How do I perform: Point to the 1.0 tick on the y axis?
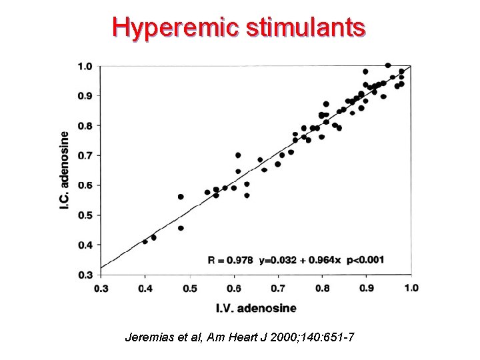click(x=85, y=66)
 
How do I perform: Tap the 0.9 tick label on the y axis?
click(x=85, y=96)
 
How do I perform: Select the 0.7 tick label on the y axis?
click(x=85, y=155)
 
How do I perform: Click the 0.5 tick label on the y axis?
click(x=85, y=215)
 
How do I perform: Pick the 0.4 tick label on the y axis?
click(x=85, y=245)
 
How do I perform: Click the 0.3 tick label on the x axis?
click(x=101, y=288)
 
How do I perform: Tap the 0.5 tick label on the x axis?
click(x=190, y=288)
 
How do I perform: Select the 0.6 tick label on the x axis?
click(x=234, y=288)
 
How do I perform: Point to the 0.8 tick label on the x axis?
click(x=323, y=288)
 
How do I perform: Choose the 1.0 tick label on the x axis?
click(x=411, y=288)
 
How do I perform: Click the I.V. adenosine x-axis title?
click(x=256, y=308)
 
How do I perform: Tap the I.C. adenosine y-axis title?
click(x=65, y=170)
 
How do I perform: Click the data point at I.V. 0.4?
click(x=145, y=241)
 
